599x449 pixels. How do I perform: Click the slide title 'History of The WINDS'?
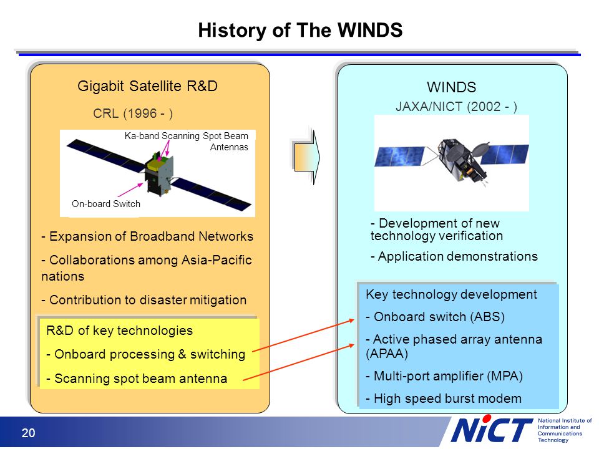click(300, 30)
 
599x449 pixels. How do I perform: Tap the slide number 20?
click(28, 433)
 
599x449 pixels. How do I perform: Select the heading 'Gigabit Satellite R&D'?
click(147, 86)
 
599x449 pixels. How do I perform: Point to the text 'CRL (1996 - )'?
click(133, 113)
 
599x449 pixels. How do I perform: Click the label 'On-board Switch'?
click(106, 204)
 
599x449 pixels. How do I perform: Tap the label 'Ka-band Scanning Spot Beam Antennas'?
click(187, 142)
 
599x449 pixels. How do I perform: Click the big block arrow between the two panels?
click(306, 157)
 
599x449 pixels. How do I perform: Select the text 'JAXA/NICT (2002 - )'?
click(456, 107)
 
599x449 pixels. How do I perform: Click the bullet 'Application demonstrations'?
click(454, 256)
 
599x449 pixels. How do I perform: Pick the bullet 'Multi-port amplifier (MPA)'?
click(444, 376)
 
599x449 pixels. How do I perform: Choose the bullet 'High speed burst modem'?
click(444, 398)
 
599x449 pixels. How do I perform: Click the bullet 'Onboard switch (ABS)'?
click(435, 317)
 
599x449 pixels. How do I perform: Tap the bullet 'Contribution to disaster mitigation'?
click(144, 300)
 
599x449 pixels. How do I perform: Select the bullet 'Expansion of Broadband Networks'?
click(147, 236)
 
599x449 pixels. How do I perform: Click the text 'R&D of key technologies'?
click(119, 331)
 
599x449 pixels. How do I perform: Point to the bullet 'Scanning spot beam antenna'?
click(137, 379)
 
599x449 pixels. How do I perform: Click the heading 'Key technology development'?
click(451, 294)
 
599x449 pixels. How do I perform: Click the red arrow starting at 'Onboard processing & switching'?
click(304, 335)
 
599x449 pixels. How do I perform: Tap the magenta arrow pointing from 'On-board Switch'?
click(130, 190)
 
